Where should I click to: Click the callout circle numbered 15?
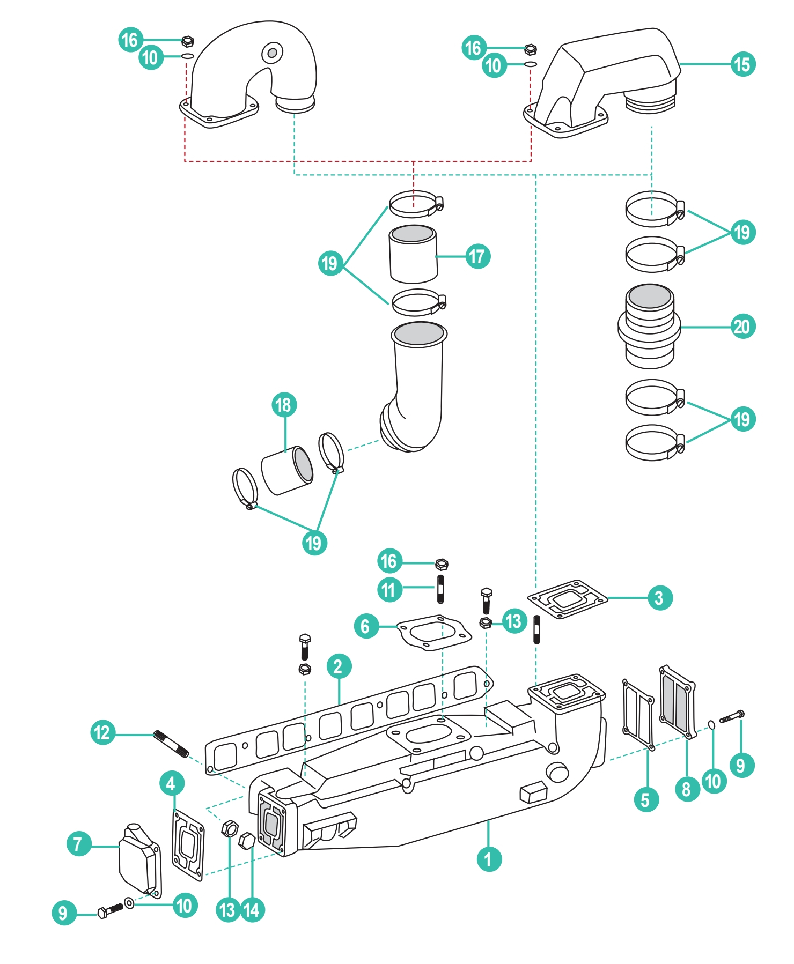click(x=743, y=64)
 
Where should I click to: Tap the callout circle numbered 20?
click(x=743, y=327)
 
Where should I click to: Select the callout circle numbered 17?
click(x=477, y=256)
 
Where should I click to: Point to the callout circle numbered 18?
click(x=284, y=405)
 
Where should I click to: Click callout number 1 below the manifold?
click(x=489, y=859)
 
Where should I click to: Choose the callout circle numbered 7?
click(x=79, y=843)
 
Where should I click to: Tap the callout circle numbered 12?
click(x=103, y=733)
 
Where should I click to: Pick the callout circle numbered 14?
click(x=252, y=910)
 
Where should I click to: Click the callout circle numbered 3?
click(x=659, y=598)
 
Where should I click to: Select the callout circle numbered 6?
click(x=366, y=626)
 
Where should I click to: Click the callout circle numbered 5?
click(x=646, y=800)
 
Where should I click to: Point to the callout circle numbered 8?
click(x=687, y=789)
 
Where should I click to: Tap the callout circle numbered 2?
click(x=339, y=666)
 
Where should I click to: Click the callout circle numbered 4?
click(x=172, y=783)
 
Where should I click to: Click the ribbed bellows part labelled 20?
click(x=649, y=327)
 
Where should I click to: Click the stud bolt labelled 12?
click(x=171, y=744)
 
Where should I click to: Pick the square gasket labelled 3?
click(x=568, y=599)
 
